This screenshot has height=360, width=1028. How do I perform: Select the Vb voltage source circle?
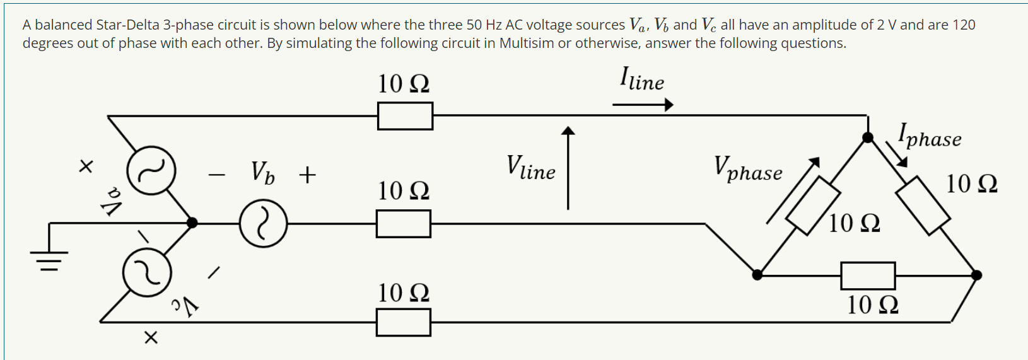pyautogui.click(x=263, y=223)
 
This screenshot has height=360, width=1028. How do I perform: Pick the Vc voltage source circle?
pyautogui.click(x=147, y=272)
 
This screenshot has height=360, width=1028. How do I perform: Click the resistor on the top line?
pyautogui.click(x=405, y=116)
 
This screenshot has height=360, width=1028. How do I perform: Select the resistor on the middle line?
pyautogui.click(x=404, y=224)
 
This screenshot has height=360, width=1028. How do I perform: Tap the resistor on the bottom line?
pyautogui.click(x=404, y=322)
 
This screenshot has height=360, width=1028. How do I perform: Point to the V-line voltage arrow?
pyautogui.click(x=568, y=167)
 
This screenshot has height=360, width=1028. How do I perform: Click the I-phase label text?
pyautogui.click(x=930, y=136)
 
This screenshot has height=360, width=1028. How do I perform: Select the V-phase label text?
pyautogui.click(x=748, y=169)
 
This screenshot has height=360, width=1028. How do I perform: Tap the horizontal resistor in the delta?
pyautogui.click(x=868, y=276)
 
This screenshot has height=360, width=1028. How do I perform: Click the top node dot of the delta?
pyautogui.click(x=868, y=137)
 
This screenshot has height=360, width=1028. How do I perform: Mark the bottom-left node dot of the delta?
pyautogui.click(x=757, y=275)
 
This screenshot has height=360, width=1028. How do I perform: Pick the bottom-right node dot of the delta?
pyautogui.click(x=976, y=275)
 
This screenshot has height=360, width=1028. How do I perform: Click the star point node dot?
pyautogui.click(x=192, y=223)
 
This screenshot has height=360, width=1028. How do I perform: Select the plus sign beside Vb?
pyautogui.click(x=307, y=175)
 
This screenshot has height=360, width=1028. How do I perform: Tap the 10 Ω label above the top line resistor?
pyautogui.click(x=404, y=84)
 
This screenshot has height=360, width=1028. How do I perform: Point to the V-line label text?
pyautogui.click(x=531, y=168)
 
